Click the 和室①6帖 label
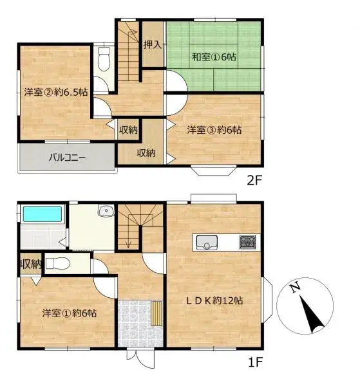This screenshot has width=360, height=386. pyautogui.click(x=214, y=57)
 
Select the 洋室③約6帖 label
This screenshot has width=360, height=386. pyautogui.click(x=214, y=130)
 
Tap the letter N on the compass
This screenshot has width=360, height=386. pyautogui.click(x=295, y=289)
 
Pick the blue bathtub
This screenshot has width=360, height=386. pyautogui.click(x=42, y=214)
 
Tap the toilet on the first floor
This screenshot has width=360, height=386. pyautogui.click(x=57, y=262)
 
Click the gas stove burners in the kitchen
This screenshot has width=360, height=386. pyautogui.click(x=248, y=243)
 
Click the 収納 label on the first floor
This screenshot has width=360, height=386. pyautogui.click(x=30, y=263)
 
